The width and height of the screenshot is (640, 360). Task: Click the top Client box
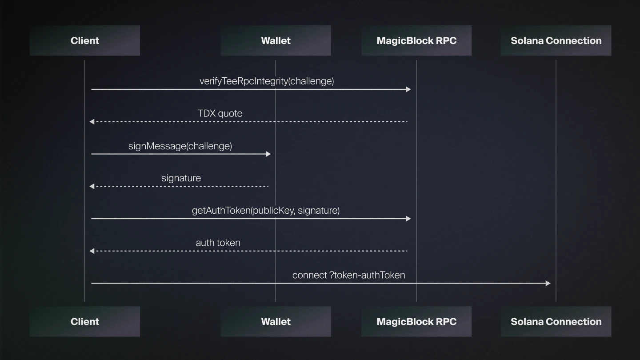click(x=84, y=40)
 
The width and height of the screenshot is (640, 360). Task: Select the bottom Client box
click(x=84, y=321)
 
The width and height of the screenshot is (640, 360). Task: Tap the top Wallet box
click(x=276, y=40)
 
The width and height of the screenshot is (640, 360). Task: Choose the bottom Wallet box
click(x=276, y=321)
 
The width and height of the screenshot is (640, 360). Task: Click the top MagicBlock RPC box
click(x=416, y=40)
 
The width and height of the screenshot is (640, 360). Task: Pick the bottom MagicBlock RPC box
click(x=416, y=321)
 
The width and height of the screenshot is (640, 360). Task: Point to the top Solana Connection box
click(x=556, y=40)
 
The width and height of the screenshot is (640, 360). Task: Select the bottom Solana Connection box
click(x=556, y=321)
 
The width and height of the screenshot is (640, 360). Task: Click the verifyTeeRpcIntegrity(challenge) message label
click(x=267, y=81)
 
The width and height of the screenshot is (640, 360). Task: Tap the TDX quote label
click(x=220, y=114)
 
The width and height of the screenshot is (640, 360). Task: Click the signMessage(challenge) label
click(x=180, y=146)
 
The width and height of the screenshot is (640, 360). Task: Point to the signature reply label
click(x=181, y=178)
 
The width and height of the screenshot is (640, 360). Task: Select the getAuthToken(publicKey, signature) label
click(x=266, y=211)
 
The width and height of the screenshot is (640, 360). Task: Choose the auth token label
click(x=218, y=243)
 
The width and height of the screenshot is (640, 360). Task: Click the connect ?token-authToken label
click(x=348, y=276)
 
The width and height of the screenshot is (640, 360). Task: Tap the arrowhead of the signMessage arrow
click(x=268, y=154)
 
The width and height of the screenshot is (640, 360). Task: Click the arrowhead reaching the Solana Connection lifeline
click(x=548, y=284)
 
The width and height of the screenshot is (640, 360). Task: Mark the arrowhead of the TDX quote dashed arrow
click(x=92, y=122)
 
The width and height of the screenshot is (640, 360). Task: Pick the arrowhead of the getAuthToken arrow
click(x=408, y=219)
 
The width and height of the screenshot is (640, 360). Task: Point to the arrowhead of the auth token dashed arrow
click(x=92, y=251)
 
